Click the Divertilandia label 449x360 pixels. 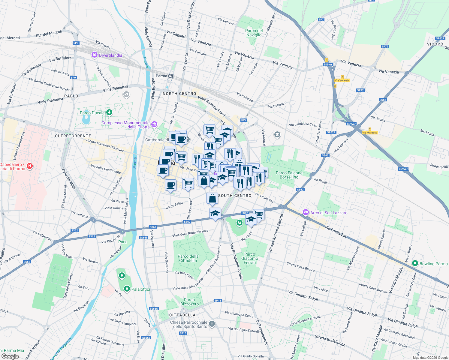[110, 55]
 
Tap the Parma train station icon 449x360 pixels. [170, 76]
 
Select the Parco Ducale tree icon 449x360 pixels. [109, 112]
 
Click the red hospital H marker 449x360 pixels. [29, 166]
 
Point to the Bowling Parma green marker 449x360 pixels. [415, 263]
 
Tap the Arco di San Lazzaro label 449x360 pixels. [329, 213]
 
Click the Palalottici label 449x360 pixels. [140, 289]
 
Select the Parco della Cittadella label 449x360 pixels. [188, 258]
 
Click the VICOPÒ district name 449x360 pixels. [435, 44]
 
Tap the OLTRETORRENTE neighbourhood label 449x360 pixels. [73, 136]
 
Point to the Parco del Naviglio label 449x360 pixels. [254, 33]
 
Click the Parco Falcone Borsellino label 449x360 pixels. [289, 175]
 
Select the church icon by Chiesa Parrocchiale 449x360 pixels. [212, 324]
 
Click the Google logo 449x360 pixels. [10, 356]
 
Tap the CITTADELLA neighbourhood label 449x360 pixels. [182, 315]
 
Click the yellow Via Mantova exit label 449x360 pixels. [370, 133]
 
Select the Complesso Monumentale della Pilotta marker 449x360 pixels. [154, 124]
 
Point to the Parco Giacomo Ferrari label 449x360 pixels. [249, 258]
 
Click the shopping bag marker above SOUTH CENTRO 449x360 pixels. [212, 198]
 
